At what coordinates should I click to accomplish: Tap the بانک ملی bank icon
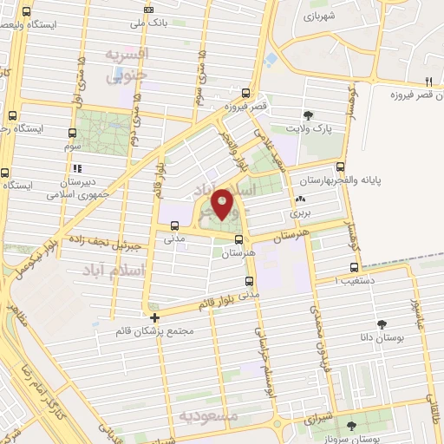[149, 10]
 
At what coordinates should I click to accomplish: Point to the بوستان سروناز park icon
[351, 426]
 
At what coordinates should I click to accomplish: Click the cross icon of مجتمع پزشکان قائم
[154, 317]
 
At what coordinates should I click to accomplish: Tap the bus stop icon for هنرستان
[239, 240]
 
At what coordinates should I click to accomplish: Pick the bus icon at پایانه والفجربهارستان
[340, 166]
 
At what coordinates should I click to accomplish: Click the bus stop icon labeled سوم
[71, 134]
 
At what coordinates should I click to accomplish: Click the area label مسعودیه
[208, 416]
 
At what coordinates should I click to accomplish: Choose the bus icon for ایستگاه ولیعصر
[25, 13]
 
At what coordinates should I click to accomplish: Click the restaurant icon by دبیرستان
[78, 168]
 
